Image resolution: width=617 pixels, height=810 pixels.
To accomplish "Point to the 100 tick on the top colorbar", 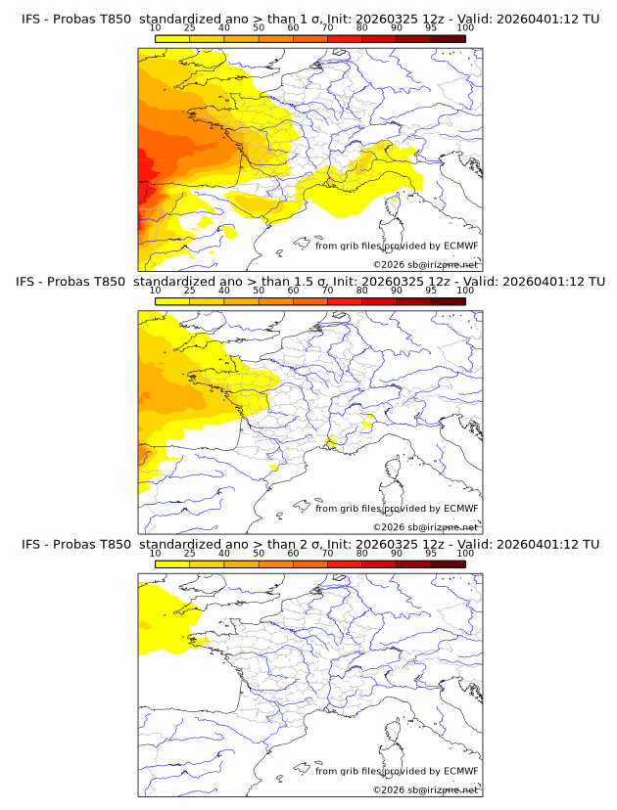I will point(465,28).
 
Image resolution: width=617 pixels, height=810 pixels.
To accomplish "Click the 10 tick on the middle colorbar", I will point(156,291).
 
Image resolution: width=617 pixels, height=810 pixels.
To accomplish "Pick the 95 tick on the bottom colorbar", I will point(431,554).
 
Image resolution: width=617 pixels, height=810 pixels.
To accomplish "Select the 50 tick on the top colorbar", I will point(259,28).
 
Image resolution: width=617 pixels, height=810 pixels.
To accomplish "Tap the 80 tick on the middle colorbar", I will point(362,291).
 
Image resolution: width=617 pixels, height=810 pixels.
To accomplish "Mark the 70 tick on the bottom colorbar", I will point(328,554).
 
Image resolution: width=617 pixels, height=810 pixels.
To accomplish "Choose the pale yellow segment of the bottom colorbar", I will point(172,564).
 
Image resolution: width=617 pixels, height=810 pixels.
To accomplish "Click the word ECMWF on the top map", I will point(460,246).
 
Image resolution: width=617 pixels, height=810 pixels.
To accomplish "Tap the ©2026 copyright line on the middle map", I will point(425,527).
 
